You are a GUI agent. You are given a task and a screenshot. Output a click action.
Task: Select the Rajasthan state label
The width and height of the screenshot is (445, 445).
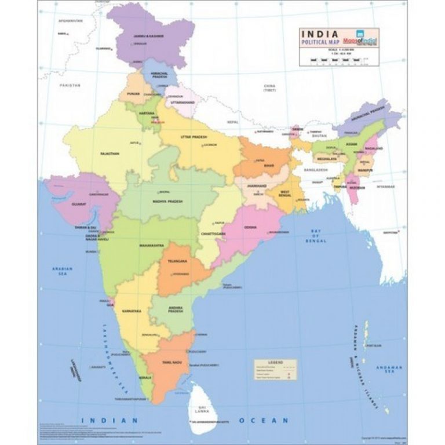tap(110, 154)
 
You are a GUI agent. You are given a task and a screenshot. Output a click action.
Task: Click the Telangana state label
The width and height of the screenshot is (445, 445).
tap(177, 261)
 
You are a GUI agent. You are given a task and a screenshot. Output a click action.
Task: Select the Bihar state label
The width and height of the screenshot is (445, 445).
tap(269, 166)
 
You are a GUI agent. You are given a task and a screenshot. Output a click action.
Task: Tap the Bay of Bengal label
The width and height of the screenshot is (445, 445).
tap(316, 234)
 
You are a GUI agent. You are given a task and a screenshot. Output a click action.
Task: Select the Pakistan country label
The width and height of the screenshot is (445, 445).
tap(70, 85)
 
